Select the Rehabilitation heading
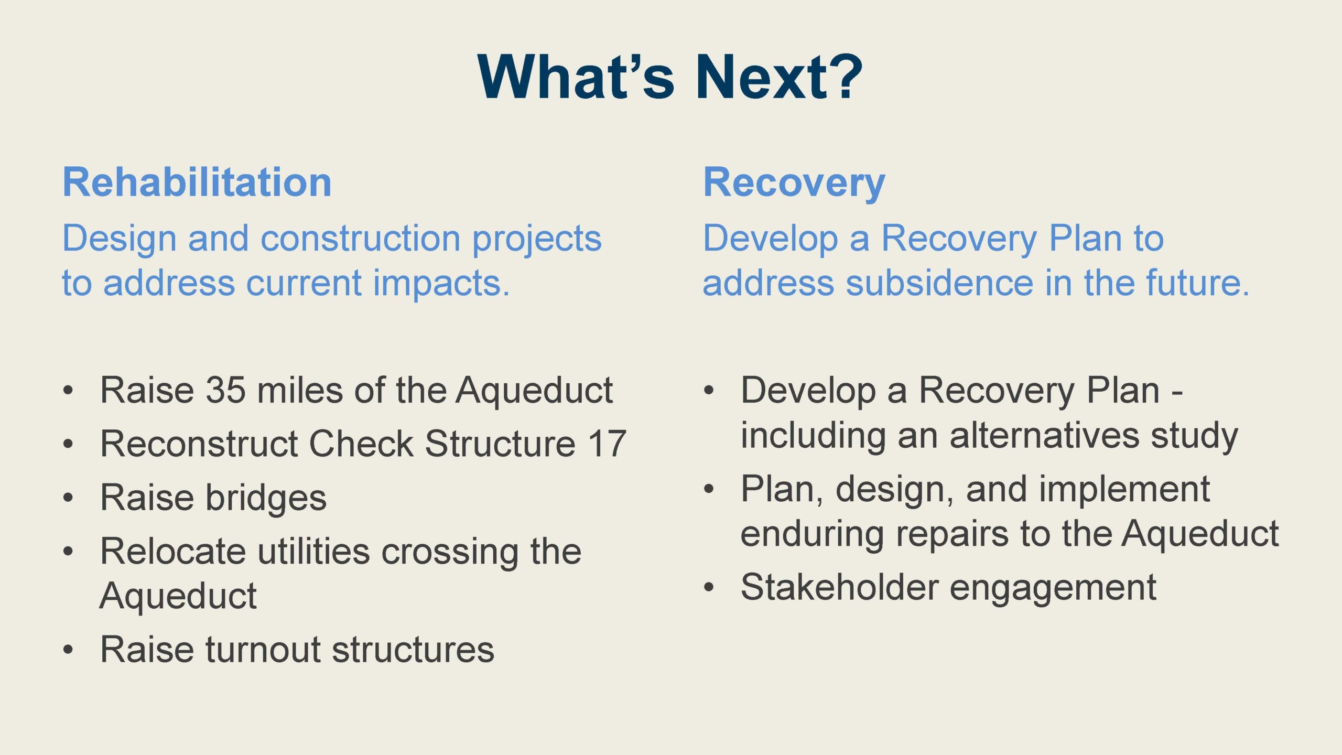pos(197,182)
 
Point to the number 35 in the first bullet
pos(226,391)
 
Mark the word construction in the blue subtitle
pos(361,239)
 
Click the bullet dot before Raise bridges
pos(68,497)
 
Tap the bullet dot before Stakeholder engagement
pos(709,587)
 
